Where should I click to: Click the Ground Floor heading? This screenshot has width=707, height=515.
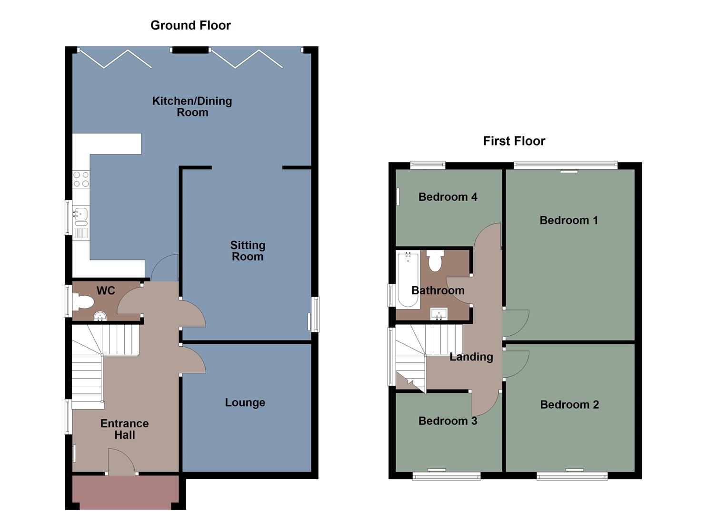click(x=190, y=25)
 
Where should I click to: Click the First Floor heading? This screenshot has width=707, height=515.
click(x=514, y=141)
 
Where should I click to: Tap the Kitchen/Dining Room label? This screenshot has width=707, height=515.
click(x=192, y=107)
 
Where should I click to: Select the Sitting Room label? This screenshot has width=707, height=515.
click(x=248, y=251)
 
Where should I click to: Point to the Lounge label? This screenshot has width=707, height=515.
click(x=245, y=402)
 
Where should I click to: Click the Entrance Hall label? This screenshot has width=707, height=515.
click(x=124, y=429)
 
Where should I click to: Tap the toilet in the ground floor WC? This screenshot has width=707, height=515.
click(x=83, y=302)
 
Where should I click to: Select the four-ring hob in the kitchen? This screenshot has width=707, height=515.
click(x=81, y=179)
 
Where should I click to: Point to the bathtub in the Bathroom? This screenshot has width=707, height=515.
click(x=408, y=279)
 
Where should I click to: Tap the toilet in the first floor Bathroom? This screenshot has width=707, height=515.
click(x=435, y=261)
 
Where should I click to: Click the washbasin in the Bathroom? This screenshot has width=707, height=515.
click(x=438, y=314)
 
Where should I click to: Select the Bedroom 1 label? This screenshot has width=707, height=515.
click(x=568, y=220)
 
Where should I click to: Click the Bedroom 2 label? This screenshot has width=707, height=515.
click(x=569, y=405)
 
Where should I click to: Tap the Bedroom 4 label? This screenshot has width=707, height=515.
click(x=448, y=197)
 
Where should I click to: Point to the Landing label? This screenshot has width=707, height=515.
click(x=471, y=357)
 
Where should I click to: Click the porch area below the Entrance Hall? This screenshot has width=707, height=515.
click(x=126, y=492)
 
